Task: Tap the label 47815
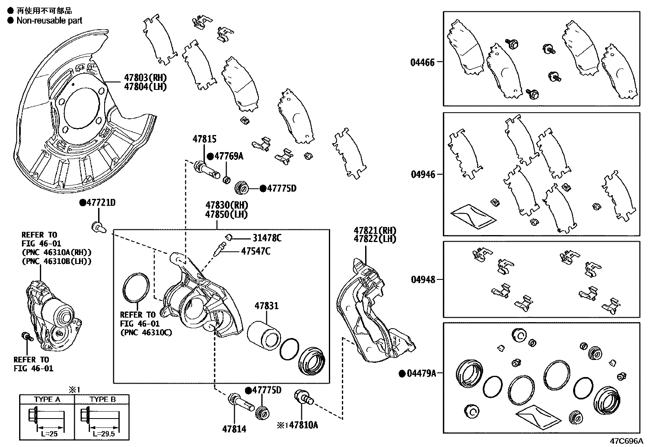click(x=204, y=140)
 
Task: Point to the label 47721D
click(x=101, y=203)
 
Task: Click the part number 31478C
click(x=267, y=238)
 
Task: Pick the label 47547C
click(x=256, y=251)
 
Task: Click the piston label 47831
click(x=267, y=305)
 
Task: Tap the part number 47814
click(x=234, y=429)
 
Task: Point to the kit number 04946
click(x=423, y=174)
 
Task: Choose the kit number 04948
click(x=423, y=279)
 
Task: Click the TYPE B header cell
click(x=102, y=399)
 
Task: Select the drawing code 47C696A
click(x=626, y=441)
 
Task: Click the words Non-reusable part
click(x=49, y=20)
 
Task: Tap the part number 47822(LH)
click(x=374, y=239)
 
